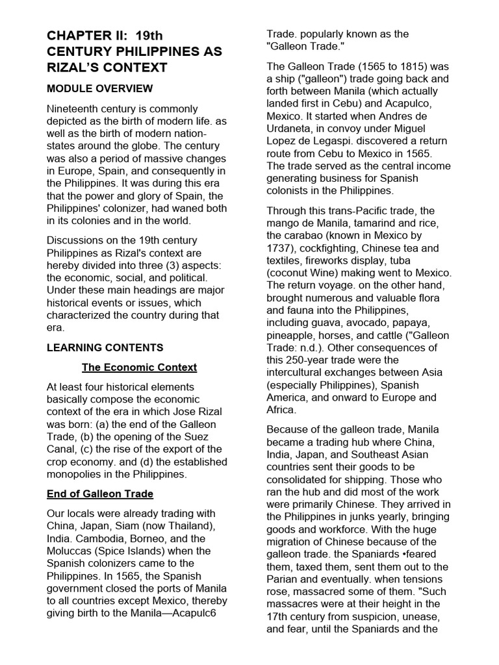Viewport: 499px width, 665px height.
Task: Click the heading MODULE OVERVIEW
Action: point(99,88)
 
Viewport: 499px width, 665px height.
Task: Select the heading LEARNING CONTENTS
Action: point(105,347)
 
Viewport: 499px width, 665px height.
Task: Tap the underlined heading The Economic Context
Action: point(139,368)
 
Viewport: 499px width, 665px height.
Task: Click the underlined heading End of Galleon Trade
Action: point(100,494)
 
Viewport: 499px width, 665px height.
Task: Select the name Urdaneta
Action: point(292,129)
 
